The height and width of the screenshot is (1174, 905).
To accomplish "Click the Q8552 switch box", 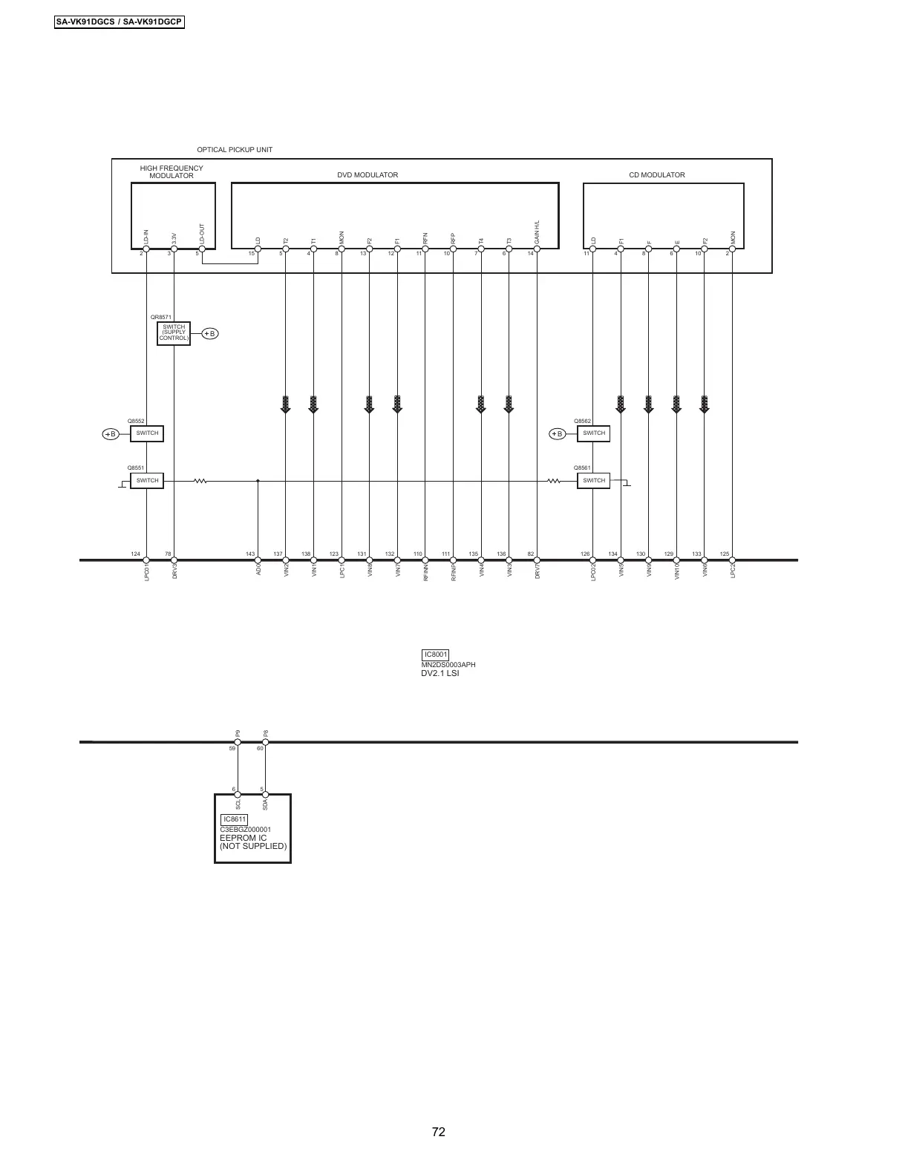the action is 147,433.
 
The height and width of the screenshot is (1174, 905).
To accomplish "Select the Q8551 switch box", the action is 147,481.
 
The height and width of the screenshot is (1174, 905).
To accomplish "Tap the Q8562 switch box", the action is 593,433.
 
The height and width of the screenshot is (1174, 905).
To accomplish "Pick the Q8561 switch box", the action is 593,481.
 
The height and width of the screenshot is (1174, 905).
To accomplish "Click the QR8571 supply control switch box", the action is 174,333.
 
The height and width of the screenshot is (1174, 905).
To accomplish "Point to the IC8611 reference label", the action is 234,819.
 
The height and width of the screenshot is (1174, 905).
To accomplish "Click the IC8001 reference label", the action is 435,655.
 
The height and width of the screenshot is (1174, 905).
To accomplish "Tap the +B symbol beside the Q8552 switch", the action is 110,434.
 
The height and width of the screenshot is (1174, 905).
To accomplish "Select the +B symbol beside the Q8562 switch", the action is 558,434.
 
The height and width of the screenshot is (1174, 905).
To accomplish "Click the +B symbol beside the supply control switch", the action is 210,334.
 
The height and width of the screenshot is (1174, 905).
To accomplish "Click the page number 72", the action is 438,1132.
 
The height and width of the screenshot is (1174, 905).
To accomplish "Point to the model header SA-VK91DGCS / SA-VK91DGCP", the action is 119,22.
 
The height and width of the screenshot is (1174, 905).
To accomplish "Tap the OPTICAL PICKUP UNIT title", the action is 235,150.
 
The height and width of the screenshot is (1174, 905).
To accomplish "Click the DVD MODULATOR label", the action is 367,175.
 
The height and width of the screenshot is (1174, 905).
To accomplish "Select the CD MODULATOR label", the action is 657,175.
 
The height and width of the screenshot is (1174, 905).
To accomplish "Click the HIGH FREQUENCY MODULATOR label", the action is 171,172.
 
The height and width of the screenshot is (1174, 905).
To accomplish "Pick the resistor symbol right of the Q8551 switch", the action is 200,481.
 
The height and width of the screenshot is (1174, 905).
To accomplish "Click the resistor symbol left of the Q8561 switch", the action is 553,481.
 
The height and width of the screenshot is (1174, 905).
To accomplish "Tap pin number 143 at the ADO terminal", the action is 250,554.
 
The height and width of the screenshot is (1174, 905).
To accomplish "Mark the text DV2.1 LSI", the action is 440,673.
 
